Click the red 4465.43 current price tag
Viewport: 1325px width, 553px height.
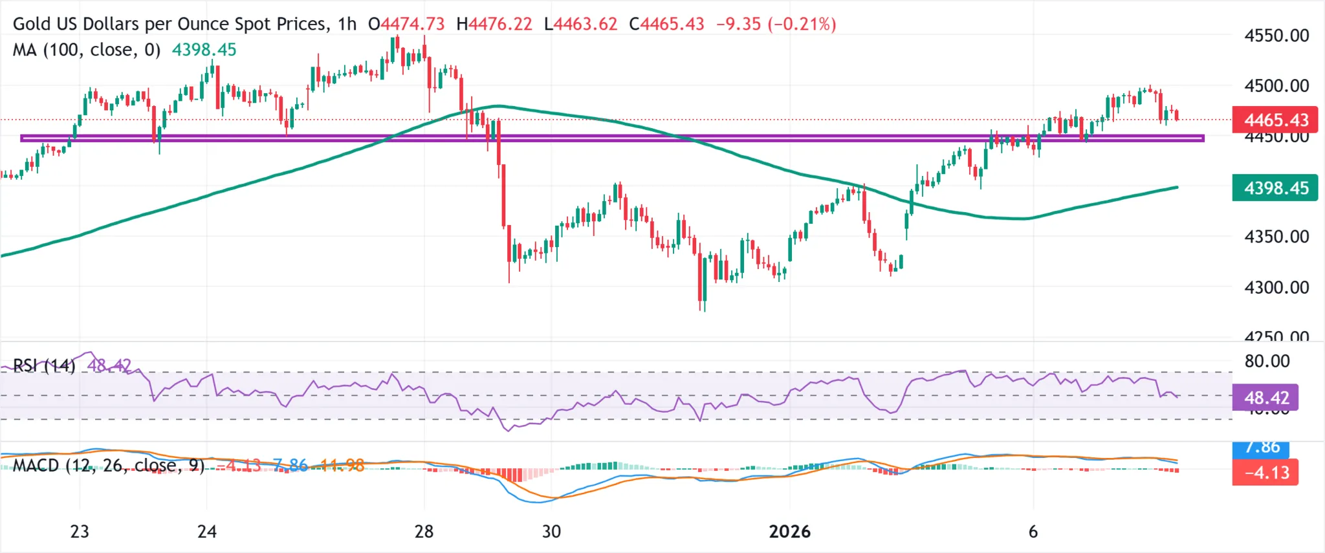[x=1275, y=120]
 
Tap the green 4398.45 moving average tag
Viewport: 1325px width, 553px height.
[x=1275, y=188]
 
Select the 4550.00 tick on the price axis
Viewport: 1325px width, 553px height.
[x=1276, y=36]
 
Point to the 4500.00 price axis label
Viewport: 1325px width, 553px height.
[x=1276, y=86]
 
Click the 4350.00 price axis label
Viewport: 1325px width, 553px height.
[x=1276, y=237]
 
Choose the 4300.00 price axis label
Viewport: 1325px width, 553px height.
[x=1276, y=287]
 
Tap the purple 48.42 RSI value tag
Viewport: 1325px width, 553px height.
[x=1265, y=398]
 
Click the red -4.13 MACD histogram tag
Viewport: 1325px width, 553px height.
[x=1265, y=473]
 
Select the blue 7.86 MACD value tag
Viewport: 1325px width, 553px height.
[x=1262, y=448]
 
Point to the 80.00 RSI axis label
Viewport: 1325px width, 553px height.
[x=1267, y=361]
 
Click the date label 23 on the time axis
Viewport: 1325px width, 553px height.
[x=80, y=532]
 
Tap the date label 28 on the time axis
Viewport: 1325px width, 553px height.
[x=424, y=532]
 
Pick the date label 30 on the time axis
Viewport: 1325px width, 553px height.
[x=551, y=532]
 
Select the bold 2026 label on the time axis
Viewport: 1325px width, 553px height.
[x=789, y=532]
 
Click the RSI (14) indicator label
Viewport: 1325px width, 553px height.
[x=44, y=366]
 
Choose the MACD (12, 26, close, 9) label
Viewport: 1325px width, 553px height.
[x=109, y=466]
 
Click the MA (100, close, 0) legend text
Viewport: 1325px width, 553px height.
[x=87, y=50]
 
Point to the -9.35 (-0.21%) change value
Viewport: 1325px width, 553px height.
[x=776, y=24]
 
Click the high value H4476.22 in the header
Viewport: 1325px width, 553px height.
[x=494, y=24]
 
